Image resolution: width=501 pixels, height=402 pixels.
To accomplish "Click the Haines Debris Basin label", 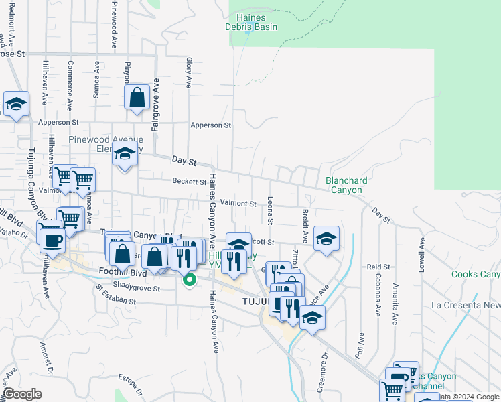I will pos(257,22).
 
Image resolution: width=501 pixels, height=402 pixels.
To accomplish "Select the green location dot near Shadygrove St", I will pos(189,280).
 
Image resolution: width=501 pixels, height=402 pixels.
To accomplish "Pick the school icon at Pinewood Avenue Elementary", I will pos(125,155).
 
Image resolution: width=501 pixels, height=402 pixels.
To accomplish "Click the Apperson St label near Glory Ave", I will pos(210,125).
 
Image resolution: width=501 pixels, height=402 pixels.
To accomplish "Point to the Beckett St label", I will pos(189,182).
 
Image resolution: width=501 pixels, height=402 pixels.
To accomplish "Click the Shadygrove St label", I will pos(137,289).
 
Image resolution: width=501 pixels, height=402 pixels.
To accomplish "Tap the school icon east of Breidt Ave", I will pos(326,239).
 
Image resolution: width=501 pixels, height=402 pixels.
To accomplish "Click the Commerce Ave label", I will pos(70,78).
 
